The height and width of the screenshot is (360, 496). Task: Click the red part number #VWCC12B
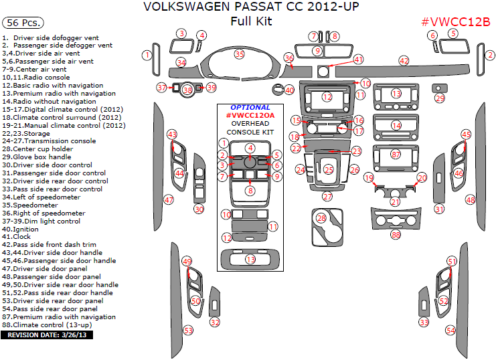455,21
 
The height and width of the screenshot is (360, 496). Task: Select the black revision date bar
47,333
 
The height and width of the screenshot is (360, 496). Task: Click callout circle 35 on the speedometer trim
239,54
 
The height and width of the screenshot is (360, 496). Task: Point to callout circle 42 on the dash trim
404,60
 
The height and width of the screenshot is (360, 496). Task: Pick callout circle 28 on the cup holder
321,218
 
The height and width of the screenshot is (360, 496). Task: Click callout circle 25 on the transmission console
329,170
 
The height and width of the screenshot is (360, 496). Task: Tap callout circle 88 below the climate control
396,235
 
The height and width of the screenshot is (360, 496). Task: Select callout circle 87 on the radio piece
396,155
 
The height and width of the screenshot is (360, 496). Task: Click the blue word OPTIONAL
250,107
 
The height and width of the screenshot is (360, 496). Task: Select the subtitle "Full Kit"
250,21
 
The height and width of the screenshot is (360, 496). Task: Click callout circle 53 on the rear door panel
188,331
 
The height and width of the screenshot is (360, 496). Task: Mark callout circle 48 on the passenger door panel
470,200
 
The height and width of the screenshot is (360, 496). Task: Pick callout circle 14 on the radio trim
396,125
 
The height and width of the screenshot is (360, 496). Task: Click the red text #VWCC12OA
250,115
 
